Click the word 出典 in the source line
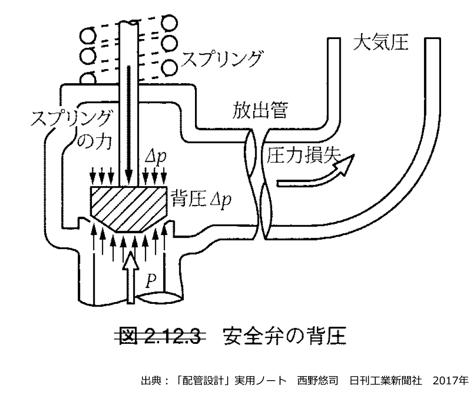150,381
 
